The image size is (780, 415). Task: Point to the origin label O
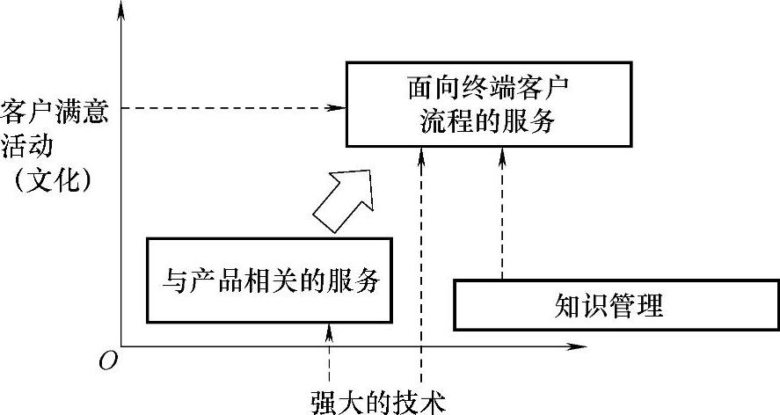point(107,361)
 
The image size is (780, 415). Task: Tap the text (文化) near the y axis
point(55,179)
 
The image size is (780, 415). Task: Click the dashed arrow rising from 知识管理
point(503,215)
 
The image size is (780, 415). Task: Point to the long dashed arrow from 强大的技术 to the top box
point(422,264)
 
